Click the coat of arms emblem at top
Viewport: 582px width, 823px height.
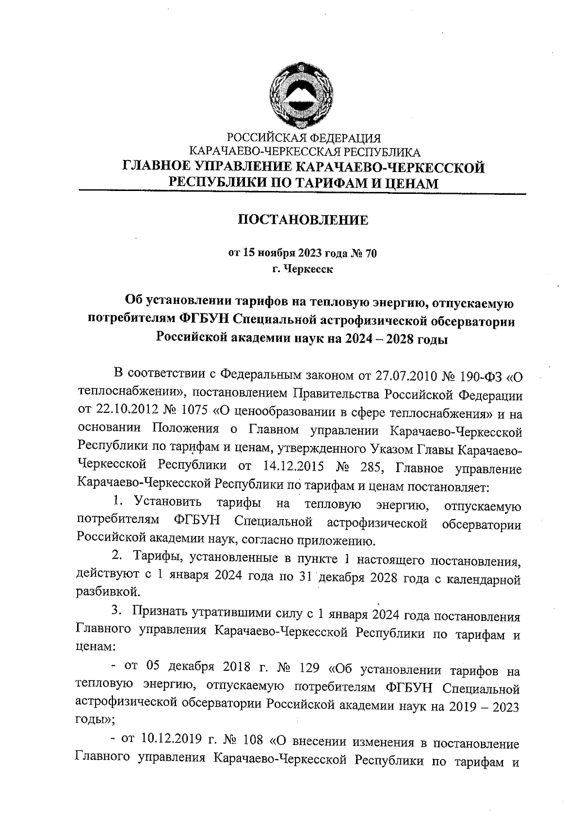[x=303, y=95]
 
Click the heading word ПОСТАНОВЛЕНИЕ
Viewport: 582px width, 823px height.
[x=303, y=221]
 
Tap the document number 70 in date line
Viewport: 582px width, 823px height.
[x=370, y=253]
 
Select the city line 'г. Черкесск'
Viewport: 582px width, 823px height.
[x=303, y=269]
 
